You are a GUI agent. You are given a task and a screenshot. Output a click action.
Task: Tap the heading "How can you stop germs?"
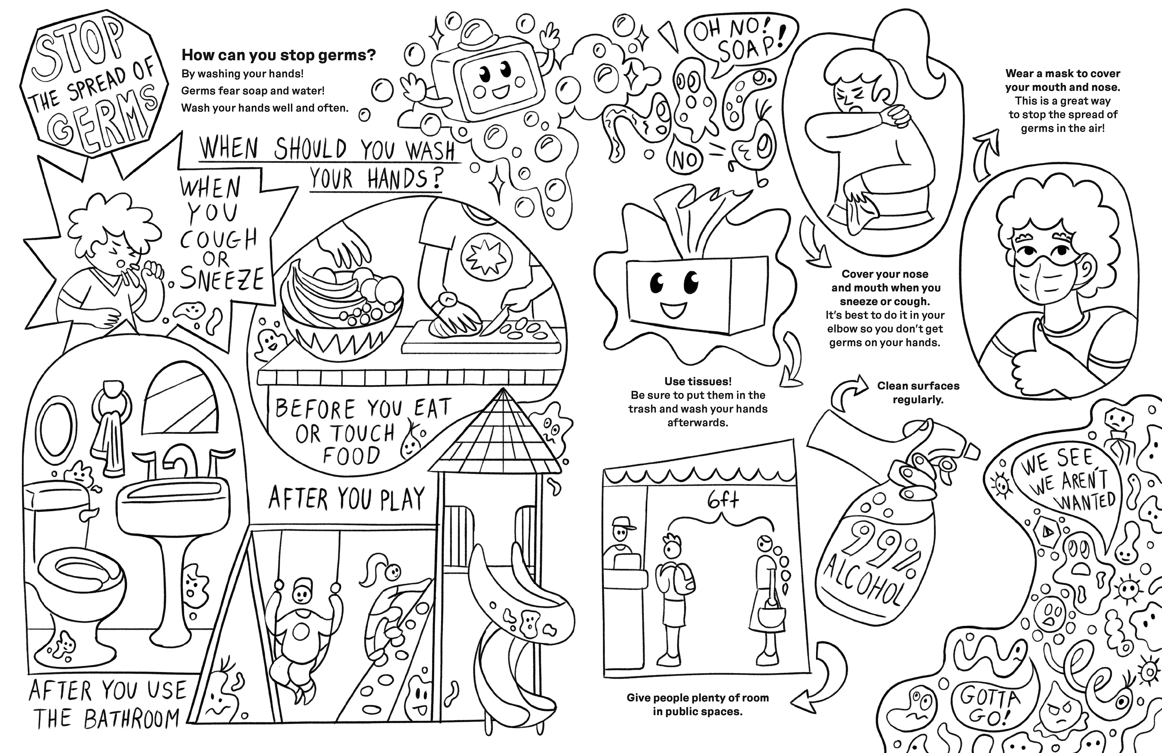(278, 55)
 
